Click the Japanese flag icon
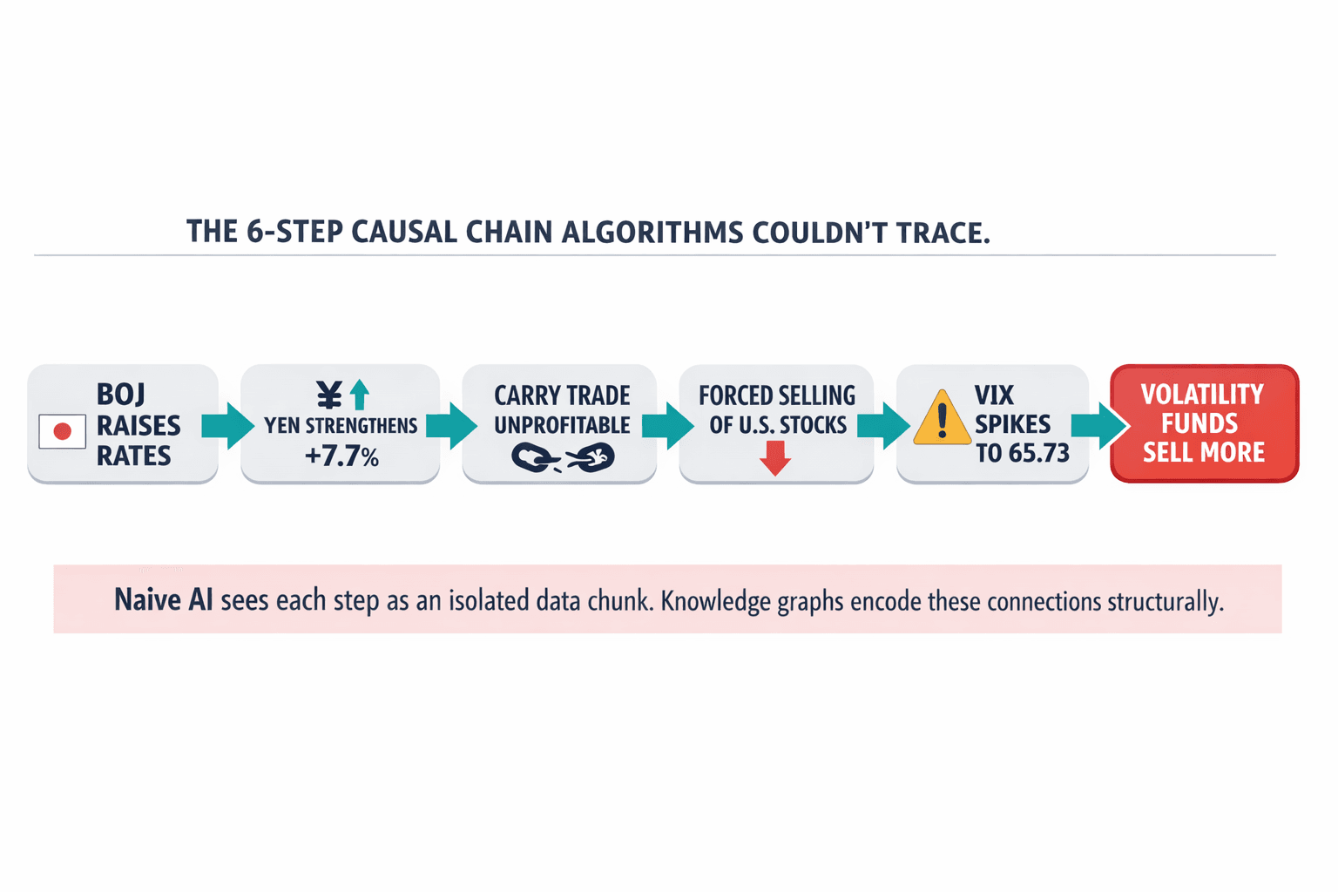point(62,431)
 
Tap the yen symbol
point(329,395)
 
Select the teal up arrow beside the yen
point(360,395)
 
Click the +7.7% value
point(341,456)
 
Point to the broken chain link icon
point(563,457)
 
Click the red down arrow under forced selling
point(774,457)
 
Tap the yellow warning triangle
point(942,419)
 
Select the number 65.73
point(1038,454)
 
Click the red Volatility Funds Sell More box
point(1204,423)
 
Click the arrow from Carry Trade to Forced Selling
point(667,425)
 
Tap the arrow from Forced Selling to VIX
point(883,425)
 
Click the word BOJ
point(121,395)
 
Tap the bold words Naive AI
point(163,600)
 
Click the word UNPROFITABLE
point(562,425)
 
